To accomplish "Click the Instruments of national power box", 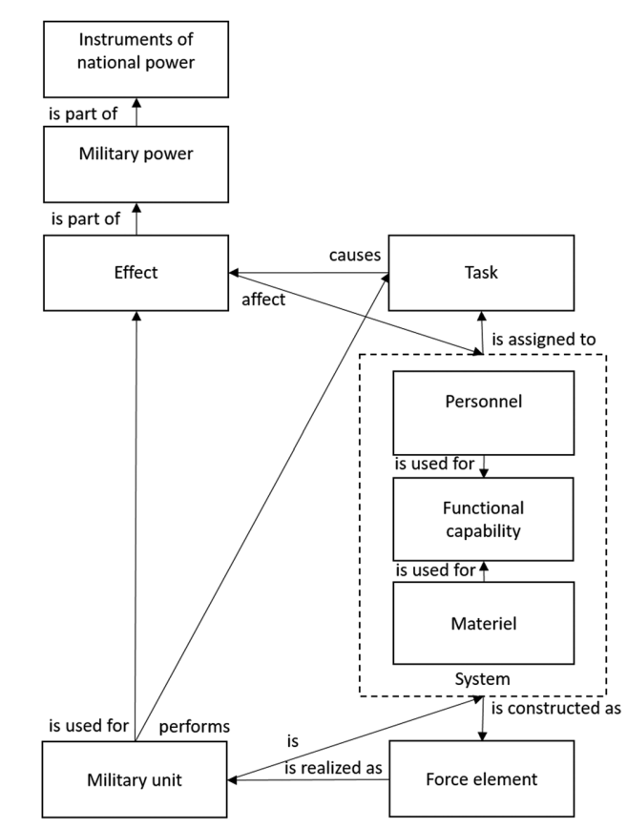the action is tap(136, 59).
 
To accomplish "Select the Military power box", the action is tap(136, 164).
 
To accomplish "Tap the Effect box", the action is tap(136, 273).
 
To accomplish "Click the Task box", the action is tap(481, 273).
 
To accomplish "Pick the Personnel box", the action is tap(483, 413).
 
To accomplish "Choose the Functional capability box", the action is tap(483, 519).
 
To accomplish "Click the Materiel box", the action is tap(483, 623).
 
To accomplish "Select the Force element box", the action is tap(482, 779).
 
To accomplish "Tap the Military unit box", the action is tap(135, 779).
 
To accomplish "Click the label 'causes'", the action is tap(355, 255).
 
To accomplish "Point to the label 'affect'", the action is tap(263, 300).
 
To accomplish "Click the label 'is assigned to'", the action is tap(544, 339).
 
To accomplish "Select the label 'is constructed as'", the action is tap(555, 708).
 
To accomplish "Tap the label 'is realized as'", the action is tap(333, 767).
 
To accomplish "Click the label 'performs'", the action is tap(195, 727).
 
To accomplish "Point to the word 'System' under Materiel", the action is tap(482, 679).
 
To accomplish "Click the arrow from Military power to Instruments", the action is tap(136, 112).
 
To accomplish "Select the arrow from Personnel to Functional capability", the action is tap(484, 466).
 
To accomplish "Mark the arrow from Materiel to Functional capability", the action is tap(484, 571).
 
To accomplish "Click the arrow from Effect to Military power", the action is tap(136, 218).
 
